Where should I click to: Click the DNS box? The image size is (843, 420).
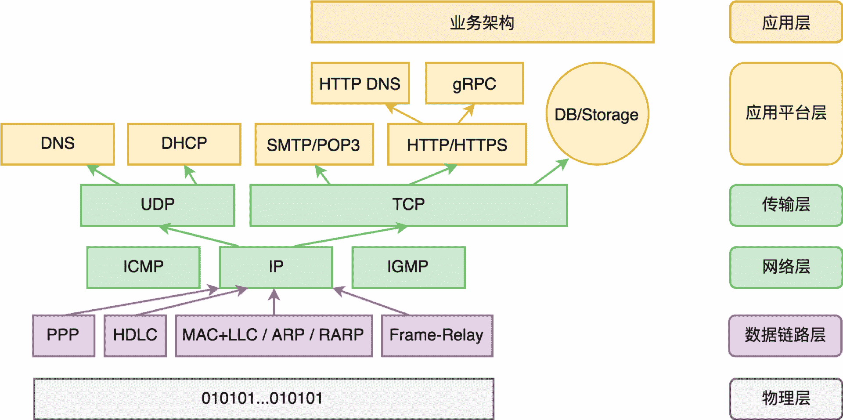pyautogui.click(x=58, y=144)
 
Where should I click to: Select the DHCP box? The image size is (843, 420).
pyautogui.click(x=184, y=144)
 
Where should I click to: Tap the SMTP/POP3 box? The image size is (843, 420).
pyautogui.click(x=313, y=145)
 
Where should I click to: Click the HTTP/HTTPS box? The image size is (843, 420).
pyautogui.click(x=457, y=145)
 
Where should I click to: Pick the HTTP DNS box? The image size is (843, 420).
pyautogui.click(x=360, y=83)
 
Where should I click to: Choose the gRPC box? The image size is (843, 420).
pyautogui.click(x=474, y=83)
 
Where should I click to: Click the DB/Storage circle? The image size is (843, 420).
pyautogui.click(x=597, y=114)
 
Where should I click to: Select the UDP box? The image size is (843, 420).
pyautogui.click(x=157, y=205)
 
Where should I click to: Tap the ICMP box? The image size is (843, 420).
pyautogui.click(x=143, y=267)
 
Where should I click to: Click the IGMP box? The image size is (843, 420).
pyautogui.click(x=408, y=267)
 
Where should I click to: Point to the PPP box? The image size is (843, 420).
pyautogui.click(x=63, y=335)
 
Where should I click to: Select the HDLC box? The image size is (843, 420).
pyautogui.click(x=135, y=335)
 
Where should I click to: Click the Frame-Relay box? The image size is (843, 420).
pyautogui.click(x=436, y=335)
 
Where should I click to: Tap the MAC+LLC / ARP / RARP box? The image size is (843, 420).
pyautogui.click(x=273, y=335)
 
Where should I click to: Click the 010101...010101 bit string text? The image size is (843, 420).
pyautogui.click(x=263, y=398)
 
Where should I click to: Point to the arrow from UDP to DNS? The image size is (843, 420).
pyautogui.click(x=104, y=175)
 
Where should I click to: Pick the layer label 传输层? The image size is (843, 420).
pyautogui.click(x=785, y=205)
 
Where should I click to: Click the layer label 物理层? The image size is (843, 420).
pyautogui.click(x=785, y=398)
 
